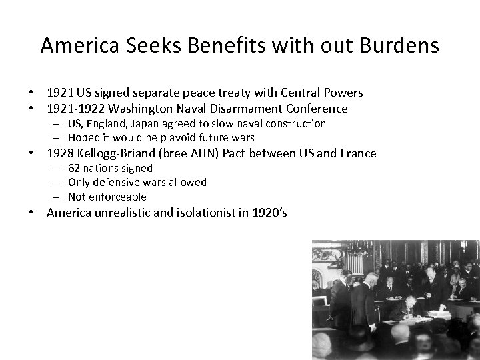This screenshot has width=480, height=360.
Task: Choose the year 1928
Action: tap(60, 153)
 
